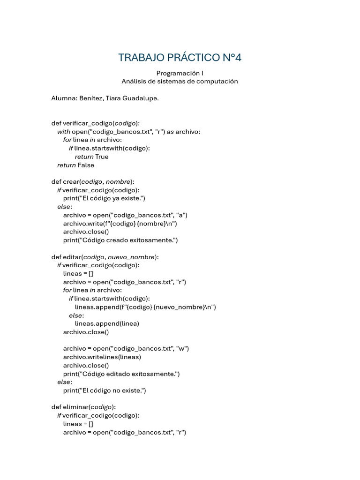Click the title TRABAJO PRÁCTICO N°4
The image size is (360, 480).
[180, 58]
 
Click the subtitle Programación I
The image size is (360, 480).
[180, 73]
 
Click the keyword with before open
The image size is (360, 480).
[64, 132]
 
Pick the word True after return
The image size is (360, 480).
[102, 157]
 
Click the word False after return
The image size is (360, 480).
[86, 165]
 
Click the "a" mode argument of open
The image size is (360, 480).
[181, 215]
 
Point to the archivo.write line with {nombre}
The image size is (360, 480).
[120, 224]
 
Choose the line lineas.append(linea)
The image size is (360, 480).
[107, 323]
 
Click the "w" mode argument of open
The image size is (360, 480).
[182, 349]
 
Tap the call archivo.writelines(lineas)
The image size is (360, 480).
[102, 357]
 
